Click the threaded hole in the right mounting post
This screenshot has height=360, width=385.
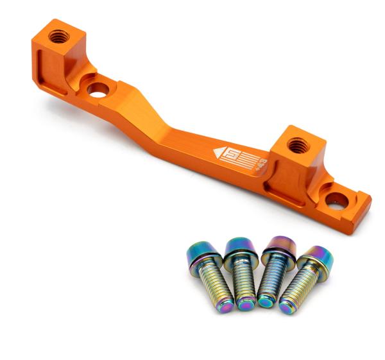click(297, 146)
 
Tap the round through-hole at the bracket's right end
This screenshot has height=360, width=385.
click(336, 201)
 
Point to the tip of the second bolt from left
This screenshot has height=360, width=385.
click(246, 304)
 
